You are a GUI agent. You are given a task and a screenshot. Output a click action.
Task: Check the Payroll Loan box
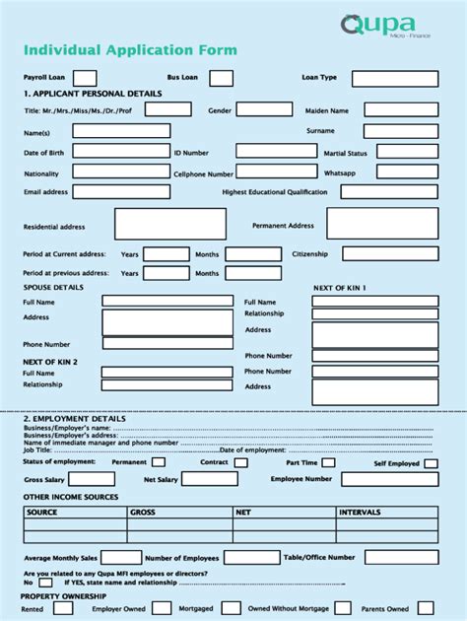85,77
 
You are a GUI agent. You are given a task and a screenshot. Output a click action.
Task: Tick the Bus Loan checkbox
222,77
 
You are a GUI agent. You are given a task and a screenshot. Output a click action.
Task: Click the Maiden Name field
400,110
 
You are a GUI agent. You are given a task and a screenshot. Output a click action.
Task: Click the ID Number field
273,152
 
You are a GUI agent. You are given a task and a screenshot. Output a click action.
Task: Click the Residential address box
169,224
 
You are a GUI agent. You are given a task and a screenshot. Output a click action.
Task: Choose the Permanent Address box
382,224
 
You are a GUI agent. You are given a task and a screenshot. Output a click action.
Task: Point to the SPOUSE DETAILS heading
53,287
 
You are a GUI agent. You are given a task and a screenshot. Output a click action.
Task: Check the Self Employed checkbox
430,462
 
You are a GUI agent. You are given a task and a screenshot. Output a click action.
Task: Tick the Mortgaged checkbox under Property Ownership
232,608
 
